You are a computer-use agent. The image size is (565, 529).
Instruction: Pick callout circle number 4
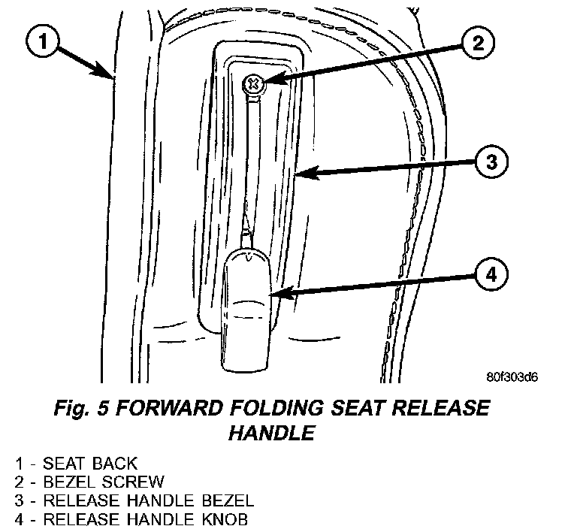click(x=489, y=275)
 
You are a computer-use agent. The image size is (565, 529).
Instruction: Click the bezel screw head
click(x=253, y=83)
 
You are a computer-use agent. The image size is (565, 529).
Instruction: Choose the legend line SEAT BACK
click(x=76, y=464)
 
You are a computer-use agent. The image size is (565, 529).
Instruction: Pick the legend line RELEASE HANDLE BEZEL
click(x=127, y=500)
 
